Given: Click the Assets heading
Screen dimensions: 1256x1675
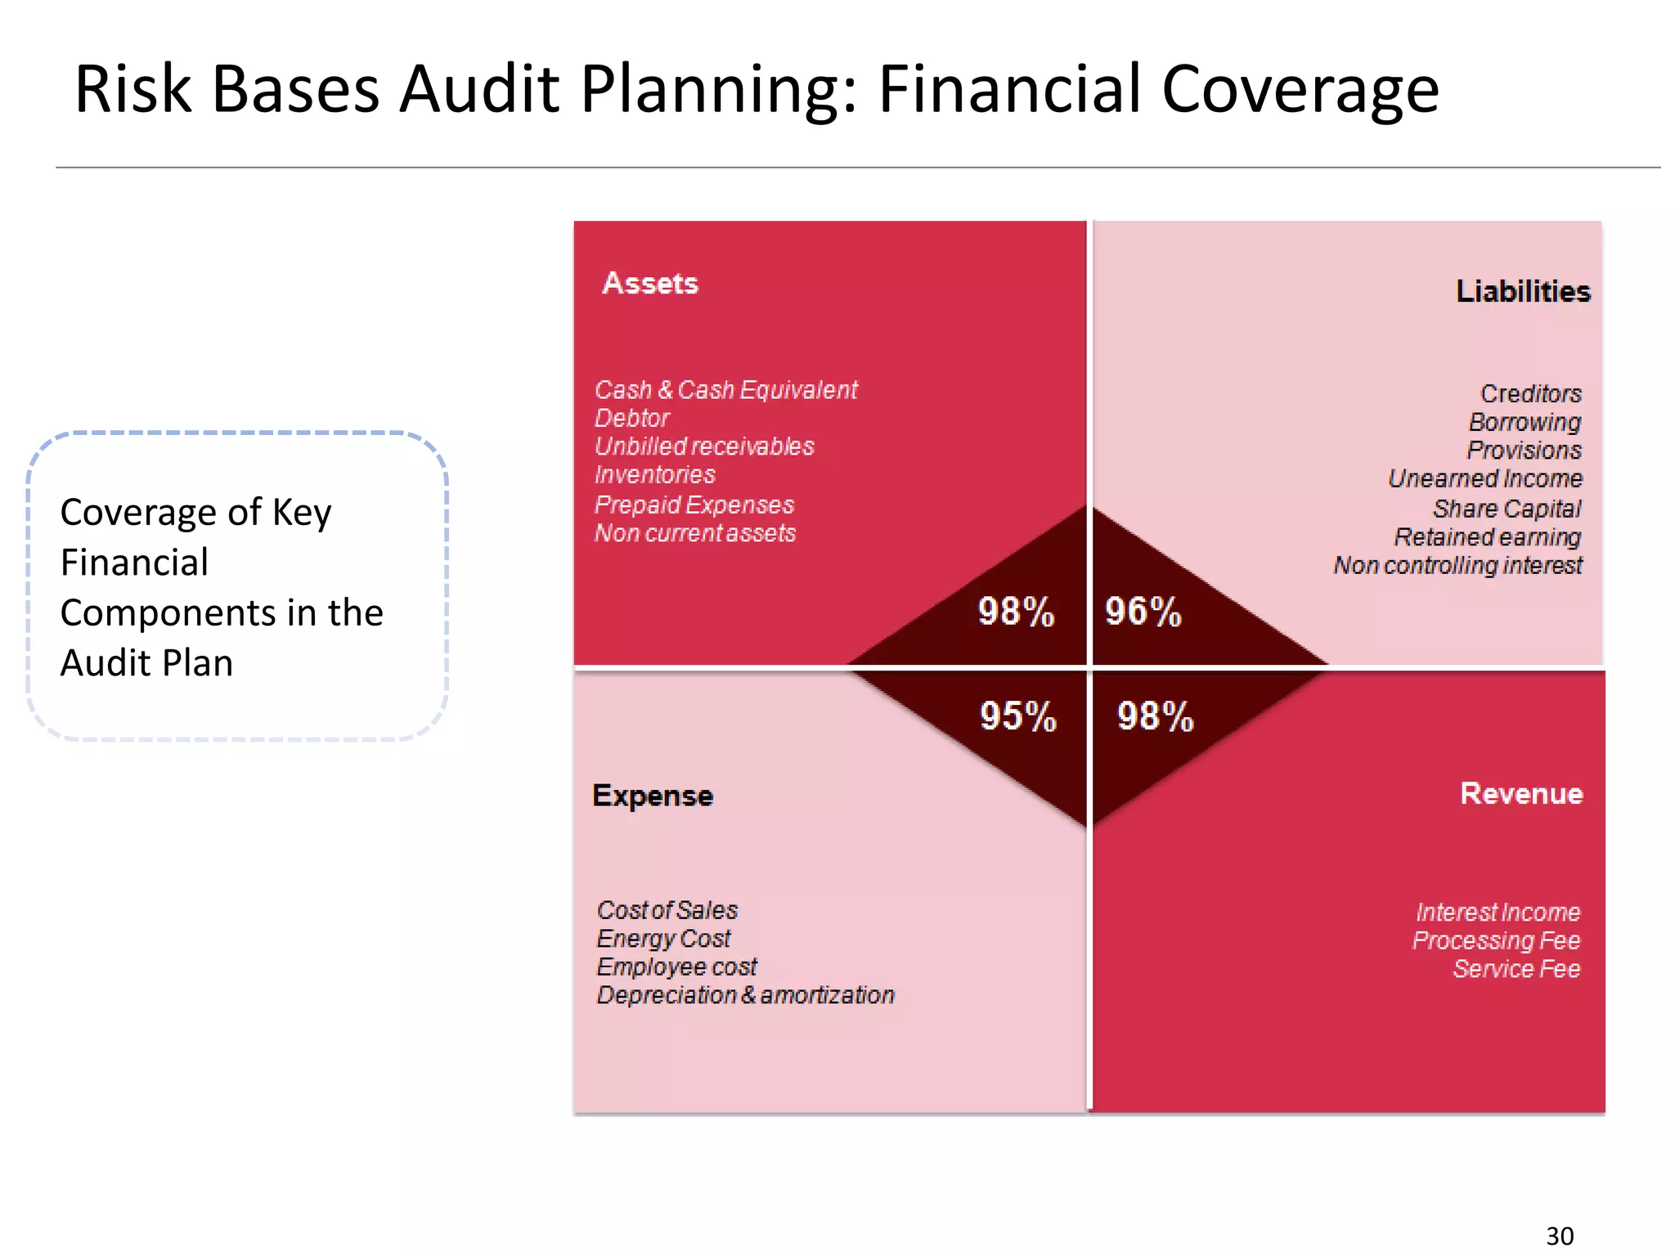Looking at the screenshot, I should point(650,283).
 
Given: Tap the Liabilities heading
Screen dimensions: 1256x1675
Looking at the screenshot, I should point(1523,291).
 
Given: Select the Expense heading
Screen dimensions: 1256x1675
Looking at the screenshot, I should point(653,796).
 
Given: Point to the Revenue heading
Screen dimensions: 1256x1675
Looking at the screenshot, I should point(1521,793).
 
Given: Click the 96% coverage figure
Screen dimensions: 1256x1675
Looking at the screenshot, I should point(1143,612).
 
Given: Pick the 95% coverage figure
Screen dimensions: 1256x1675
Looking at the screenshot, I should point(1018,716).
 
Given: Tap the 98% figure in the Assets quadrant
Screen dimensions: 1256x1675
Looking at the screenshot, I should point(1016,612).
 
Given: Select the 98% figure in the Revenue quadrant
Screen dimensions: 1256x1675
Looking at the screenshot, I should point(1155,716).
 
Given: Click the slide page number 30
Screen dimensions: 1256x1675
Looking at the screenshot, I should point(1560,1236).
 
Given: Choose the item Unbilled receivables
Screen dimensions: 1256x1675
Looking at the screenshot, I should point(704,446).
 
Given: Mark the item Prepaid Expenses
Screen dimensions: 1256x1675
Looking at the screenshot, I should point(694,505).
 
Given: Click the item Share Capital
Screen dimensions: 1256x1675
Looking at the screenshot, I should point(1507,509).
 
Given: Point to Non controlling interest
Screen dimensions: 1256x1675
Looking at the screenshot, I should point(1457,565).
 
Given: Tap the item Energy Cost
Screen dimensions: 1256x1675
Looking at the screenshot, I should point(663,939).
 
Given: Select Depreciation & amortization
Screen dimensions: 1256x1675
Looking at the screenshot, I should point(745,995).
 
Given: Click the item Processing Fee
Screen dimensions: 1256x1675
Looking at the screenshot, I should point(1496,940).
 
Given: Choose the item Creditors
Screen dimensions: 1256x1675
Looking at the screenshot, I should point(1530,393).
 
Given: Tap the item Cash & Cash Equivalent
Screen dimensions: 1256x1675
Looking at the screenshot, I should point(725,390).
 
